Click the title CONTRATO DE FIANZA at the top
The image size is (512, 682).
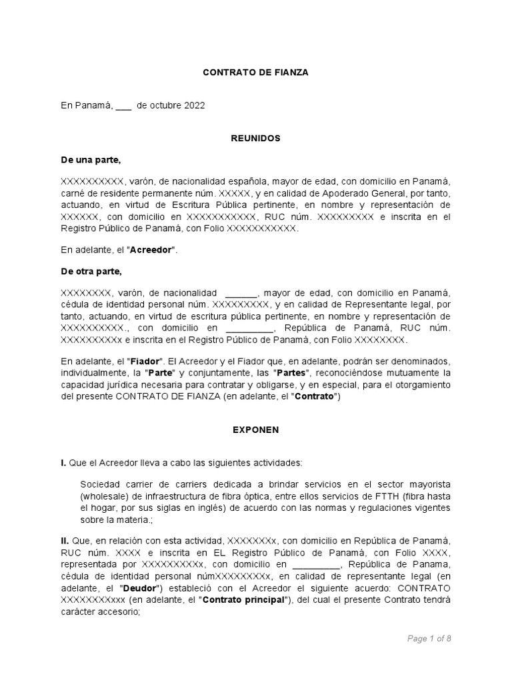256,73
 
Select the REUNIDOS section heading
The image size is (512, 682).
256,138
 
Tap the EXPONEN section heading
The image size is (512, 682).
256,430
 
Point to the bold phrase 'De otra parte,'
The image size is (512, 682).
92,272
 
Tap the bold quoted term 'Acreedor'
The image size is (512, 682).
151,250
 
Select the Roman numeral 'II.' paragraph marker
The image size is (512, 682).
66,539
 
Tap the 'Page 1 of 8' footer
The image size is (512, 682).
429,638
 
